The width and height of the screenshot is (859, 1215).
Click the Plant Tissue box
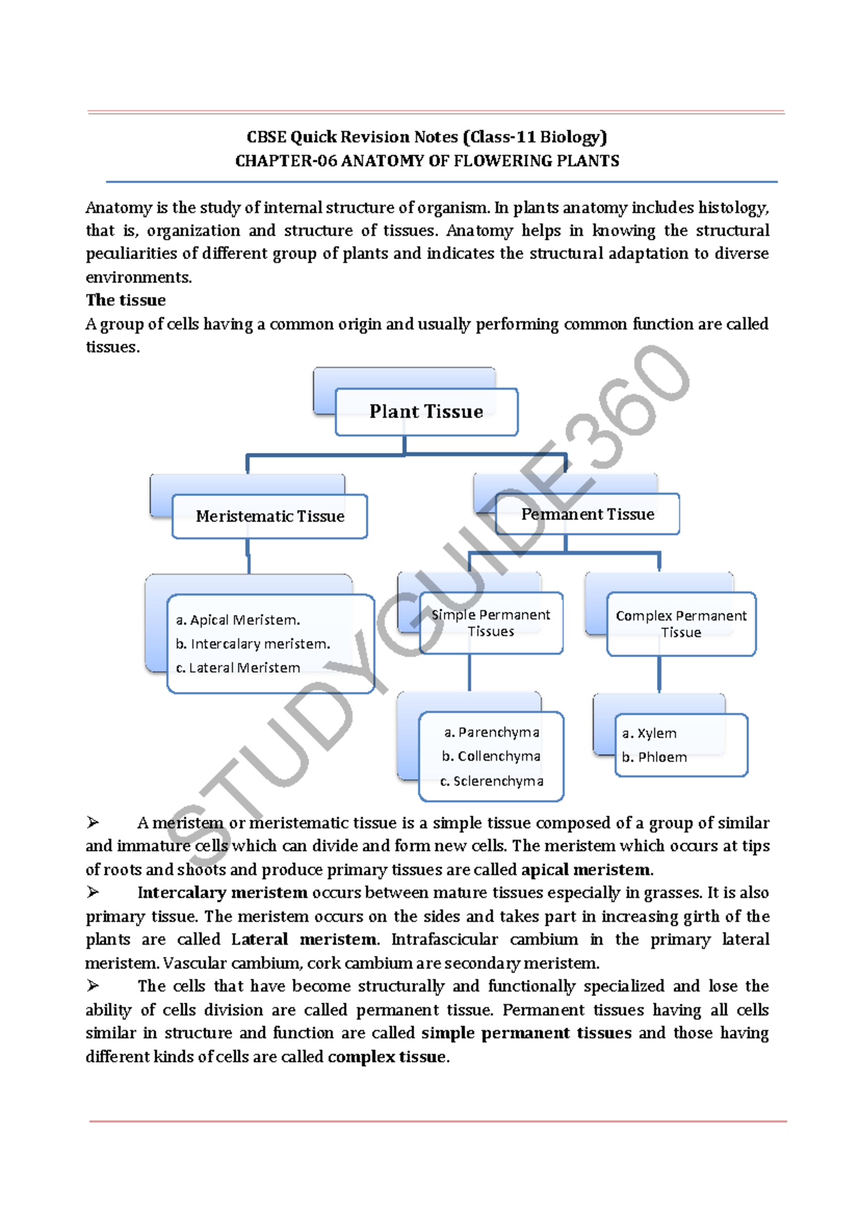[x=426, y=412]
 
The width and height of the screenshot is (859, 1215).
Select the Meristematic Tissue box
[x=270, y=517]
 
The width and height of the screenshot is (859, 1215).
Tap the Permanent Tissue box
[x=588, y=514]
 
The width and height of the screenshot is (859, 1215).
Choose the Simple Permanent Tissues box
[x=491, y=623]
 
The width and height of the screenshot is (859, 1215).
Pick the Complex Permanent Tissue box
[x=681, y=624]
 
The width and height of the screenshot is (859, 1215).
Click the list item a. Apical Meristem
[x=238, y=620]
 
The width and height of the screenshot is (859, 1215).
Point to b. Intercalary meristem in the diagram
[x=253, y=644]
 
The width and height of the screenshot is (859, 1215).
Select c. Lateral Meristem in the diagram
[x=238, y=668]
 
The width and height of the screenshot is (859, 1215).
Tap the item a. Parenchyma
[x=492, y=733]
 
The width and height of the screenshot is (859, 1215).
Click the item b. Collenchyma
[x=491, y=756]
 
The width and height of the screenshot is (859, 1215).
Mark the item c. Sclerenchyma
[x=492, y=781]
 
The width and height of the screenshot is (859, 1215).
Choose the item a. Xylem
[x=649, y=733]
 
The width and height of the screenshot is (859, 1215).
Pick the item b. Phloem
[x=654, y=757]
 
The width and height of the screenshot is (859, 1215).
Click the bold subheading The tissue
[x=126, y=301]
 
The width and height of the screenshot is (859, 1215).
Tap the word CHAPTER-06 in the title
[x=286, y=161]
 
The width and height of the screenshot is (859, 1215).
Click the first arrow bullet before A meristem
[x=93, y=823]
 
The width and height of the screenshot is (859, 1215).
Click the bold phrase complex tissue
[x=387, y=1057]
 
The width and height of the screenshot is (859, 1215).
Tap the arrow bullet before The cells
[x=93, y=986]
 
